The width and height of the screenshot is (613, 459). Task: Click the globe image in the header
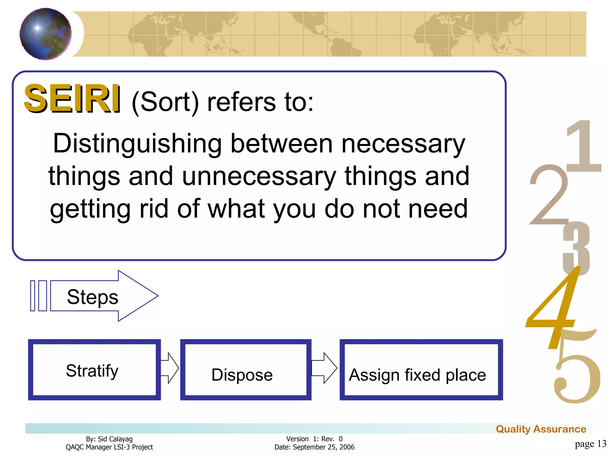(45, 34)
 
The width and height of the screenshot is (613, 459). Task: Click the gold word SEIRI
(72, 98)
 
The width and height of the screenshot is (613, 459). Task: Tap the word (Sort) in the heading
(165, 102)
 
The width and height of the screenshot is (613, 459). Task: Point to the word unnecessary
(259, 176)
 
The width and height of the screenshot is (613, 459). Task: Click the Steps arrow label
(93, 297)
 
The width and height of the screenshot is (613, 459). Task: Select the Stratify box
(94, 370)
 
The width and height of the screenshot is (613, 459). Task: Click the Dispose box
(246, 370)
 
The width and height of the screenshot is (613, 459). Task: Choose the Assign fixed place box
(421, 370)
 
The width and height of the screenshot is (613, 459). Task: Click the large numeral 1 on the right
(584, 146)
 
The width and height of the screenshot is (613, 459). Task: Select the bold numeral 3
(576, 248)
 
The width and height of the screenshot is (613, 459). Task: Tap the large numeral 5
(576, 374)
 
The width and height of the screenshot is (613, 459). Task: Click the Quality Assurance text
(541, 429)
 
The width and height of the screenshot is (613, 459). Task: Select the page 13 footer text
(590, 444)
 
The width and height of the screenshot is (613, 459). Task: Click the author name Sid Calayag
(115, 439)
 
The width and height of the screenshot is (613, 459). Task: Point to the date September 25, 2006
(323, 447)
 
